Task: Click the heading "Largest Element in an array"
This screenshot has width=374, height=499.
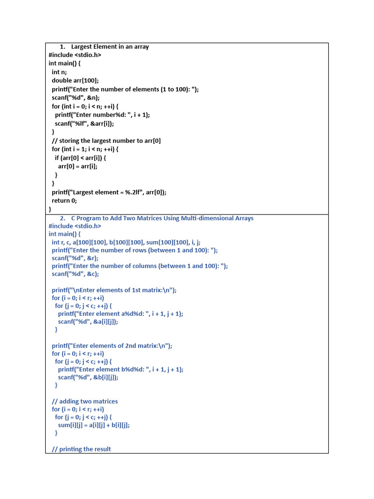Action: pyautogui.click(x=110, y=47)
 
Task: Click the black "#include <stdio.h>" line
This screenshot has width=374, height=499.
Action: pyautogui.click(x=75, y=55)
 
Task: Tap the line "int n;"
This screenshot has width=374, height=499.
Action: pyautogui.click(x=59, y=72)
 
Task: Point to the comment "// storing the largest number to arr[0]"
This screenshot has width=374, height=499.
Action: pyautogui.click(x=106, y=140)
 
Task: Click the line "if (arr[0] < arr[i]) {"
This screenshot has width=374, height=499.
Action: pyautogui.click(x=80, y=158)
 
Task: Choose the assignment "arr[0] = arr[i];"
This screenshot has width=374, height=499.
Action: pyautogui.click(x=78, y=166)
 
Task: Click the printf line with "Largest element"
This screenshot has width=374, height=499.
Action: pyautogui.click(x=109, y=192)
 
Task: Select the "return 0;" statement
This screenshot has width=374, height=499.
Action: pyautogui.click(x=64, y=200)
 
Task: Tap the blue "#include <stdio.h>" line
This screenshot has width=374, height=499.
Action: pyautogui.click(x=75, y=226)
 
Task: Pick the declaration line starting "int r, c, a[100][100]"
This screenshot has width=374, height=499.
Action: pyautogui.click(x=126, y=242)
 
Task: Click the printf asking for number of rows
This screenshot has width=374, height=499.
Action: pyautogui.click(x=135, y=250)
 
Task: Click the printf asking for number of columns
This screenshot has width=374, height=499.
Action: pyautogui.click(x=140, y=266)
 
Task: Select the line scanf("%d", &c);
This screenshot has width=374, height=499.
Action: pyautogui.click(x=75, y=274)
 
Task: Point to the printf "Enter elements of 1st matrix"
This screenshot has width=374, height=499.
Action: pyautogui.click(x=114, y=290)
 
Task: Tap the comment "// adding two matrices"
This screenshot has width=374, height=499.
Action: pyautogui.click(x=85, y=402)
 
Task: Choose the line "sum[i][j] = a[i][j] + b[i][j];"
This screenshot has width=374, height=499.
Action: pyautogui.click(x=94, y=425)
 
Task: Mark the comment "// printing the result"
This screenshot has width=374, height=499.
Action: pyautogui.click(x=81, y=449)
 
